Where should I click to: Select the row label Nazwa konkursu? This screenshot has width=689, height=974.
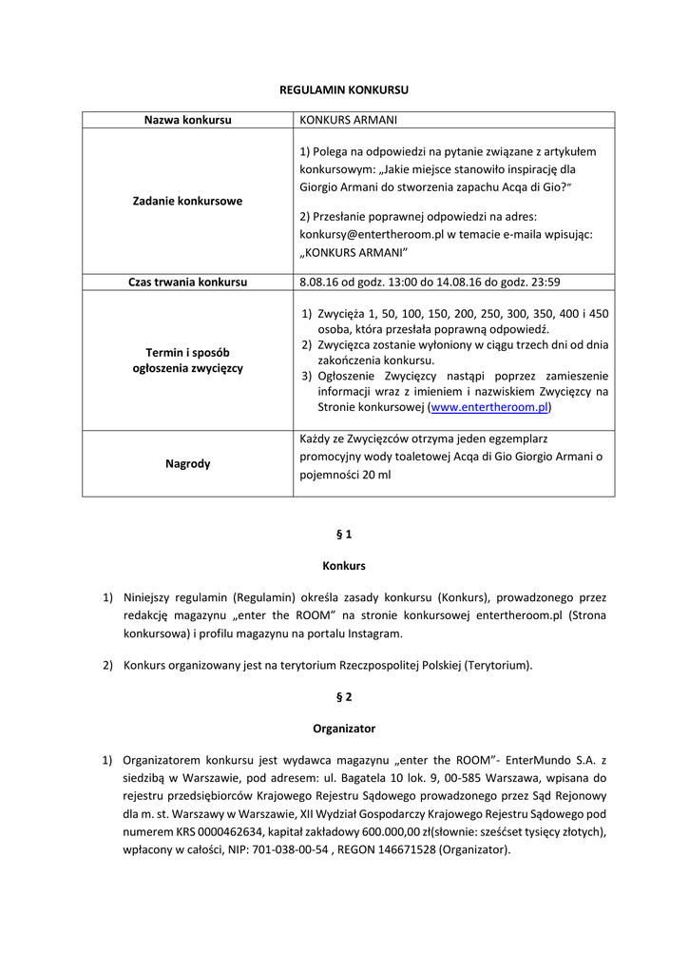point(187,120)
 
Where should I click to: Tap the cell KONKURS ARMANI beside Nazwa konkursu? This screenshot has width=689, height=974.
point(348,120)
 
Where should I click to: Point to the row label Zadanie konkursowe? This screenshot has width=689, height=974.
point(187,201)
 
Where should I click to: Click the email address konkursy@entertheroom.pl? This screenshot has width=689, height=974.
point(372,234)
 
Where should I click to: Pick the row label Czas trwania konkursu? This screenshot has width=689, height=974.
point(187,282)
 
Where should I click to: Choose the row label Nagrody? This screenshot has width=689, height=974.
point(187,464)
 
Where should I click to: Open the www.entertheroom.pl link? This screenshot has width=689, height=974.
point(489,407)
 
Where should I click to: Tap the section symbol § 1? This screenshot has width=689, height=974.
point(344,535)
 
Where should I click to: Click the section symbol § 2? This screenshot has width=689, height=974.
point(344,697)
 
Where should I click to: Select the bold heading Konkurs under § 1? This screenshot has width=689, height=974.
point(344,566)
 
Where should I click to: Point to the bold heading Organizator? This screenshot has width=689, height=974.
point(344,729)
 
